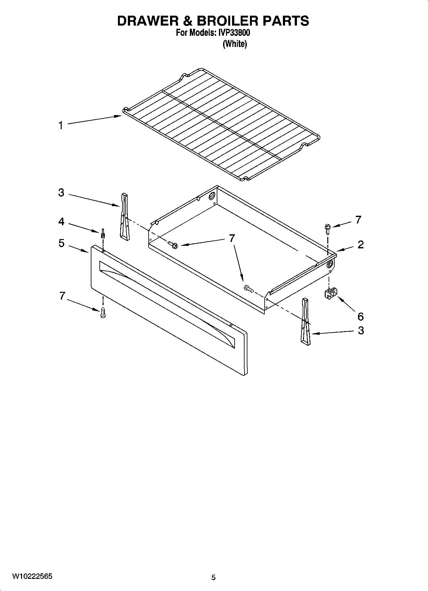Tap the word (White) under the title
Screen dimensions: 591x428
pos(235,44)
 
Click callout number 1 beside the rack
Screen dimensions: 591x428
pos(60,126)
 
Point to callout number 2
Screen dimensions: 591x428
pos(360,245)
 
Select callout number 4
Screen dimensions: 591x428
pos(61,222)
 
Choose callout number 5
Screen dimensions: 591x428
pos(61,243)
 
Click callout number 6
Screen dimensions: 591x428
pos(360,316)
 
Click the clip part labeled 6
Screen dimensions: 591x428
pos(330,293)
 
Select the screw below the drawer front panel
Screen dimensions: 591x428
pos(103,313)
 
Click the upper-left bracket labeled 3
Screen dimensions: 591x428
pos(125,216)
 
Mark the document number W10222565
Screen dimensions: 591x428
pos(32,577)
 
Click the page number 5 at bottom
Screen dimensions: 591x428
pos(214,577)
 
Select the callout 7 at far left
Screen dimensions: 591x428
pos(62,296)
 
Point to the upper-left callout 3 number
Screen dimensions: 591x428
pos(61,193)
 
